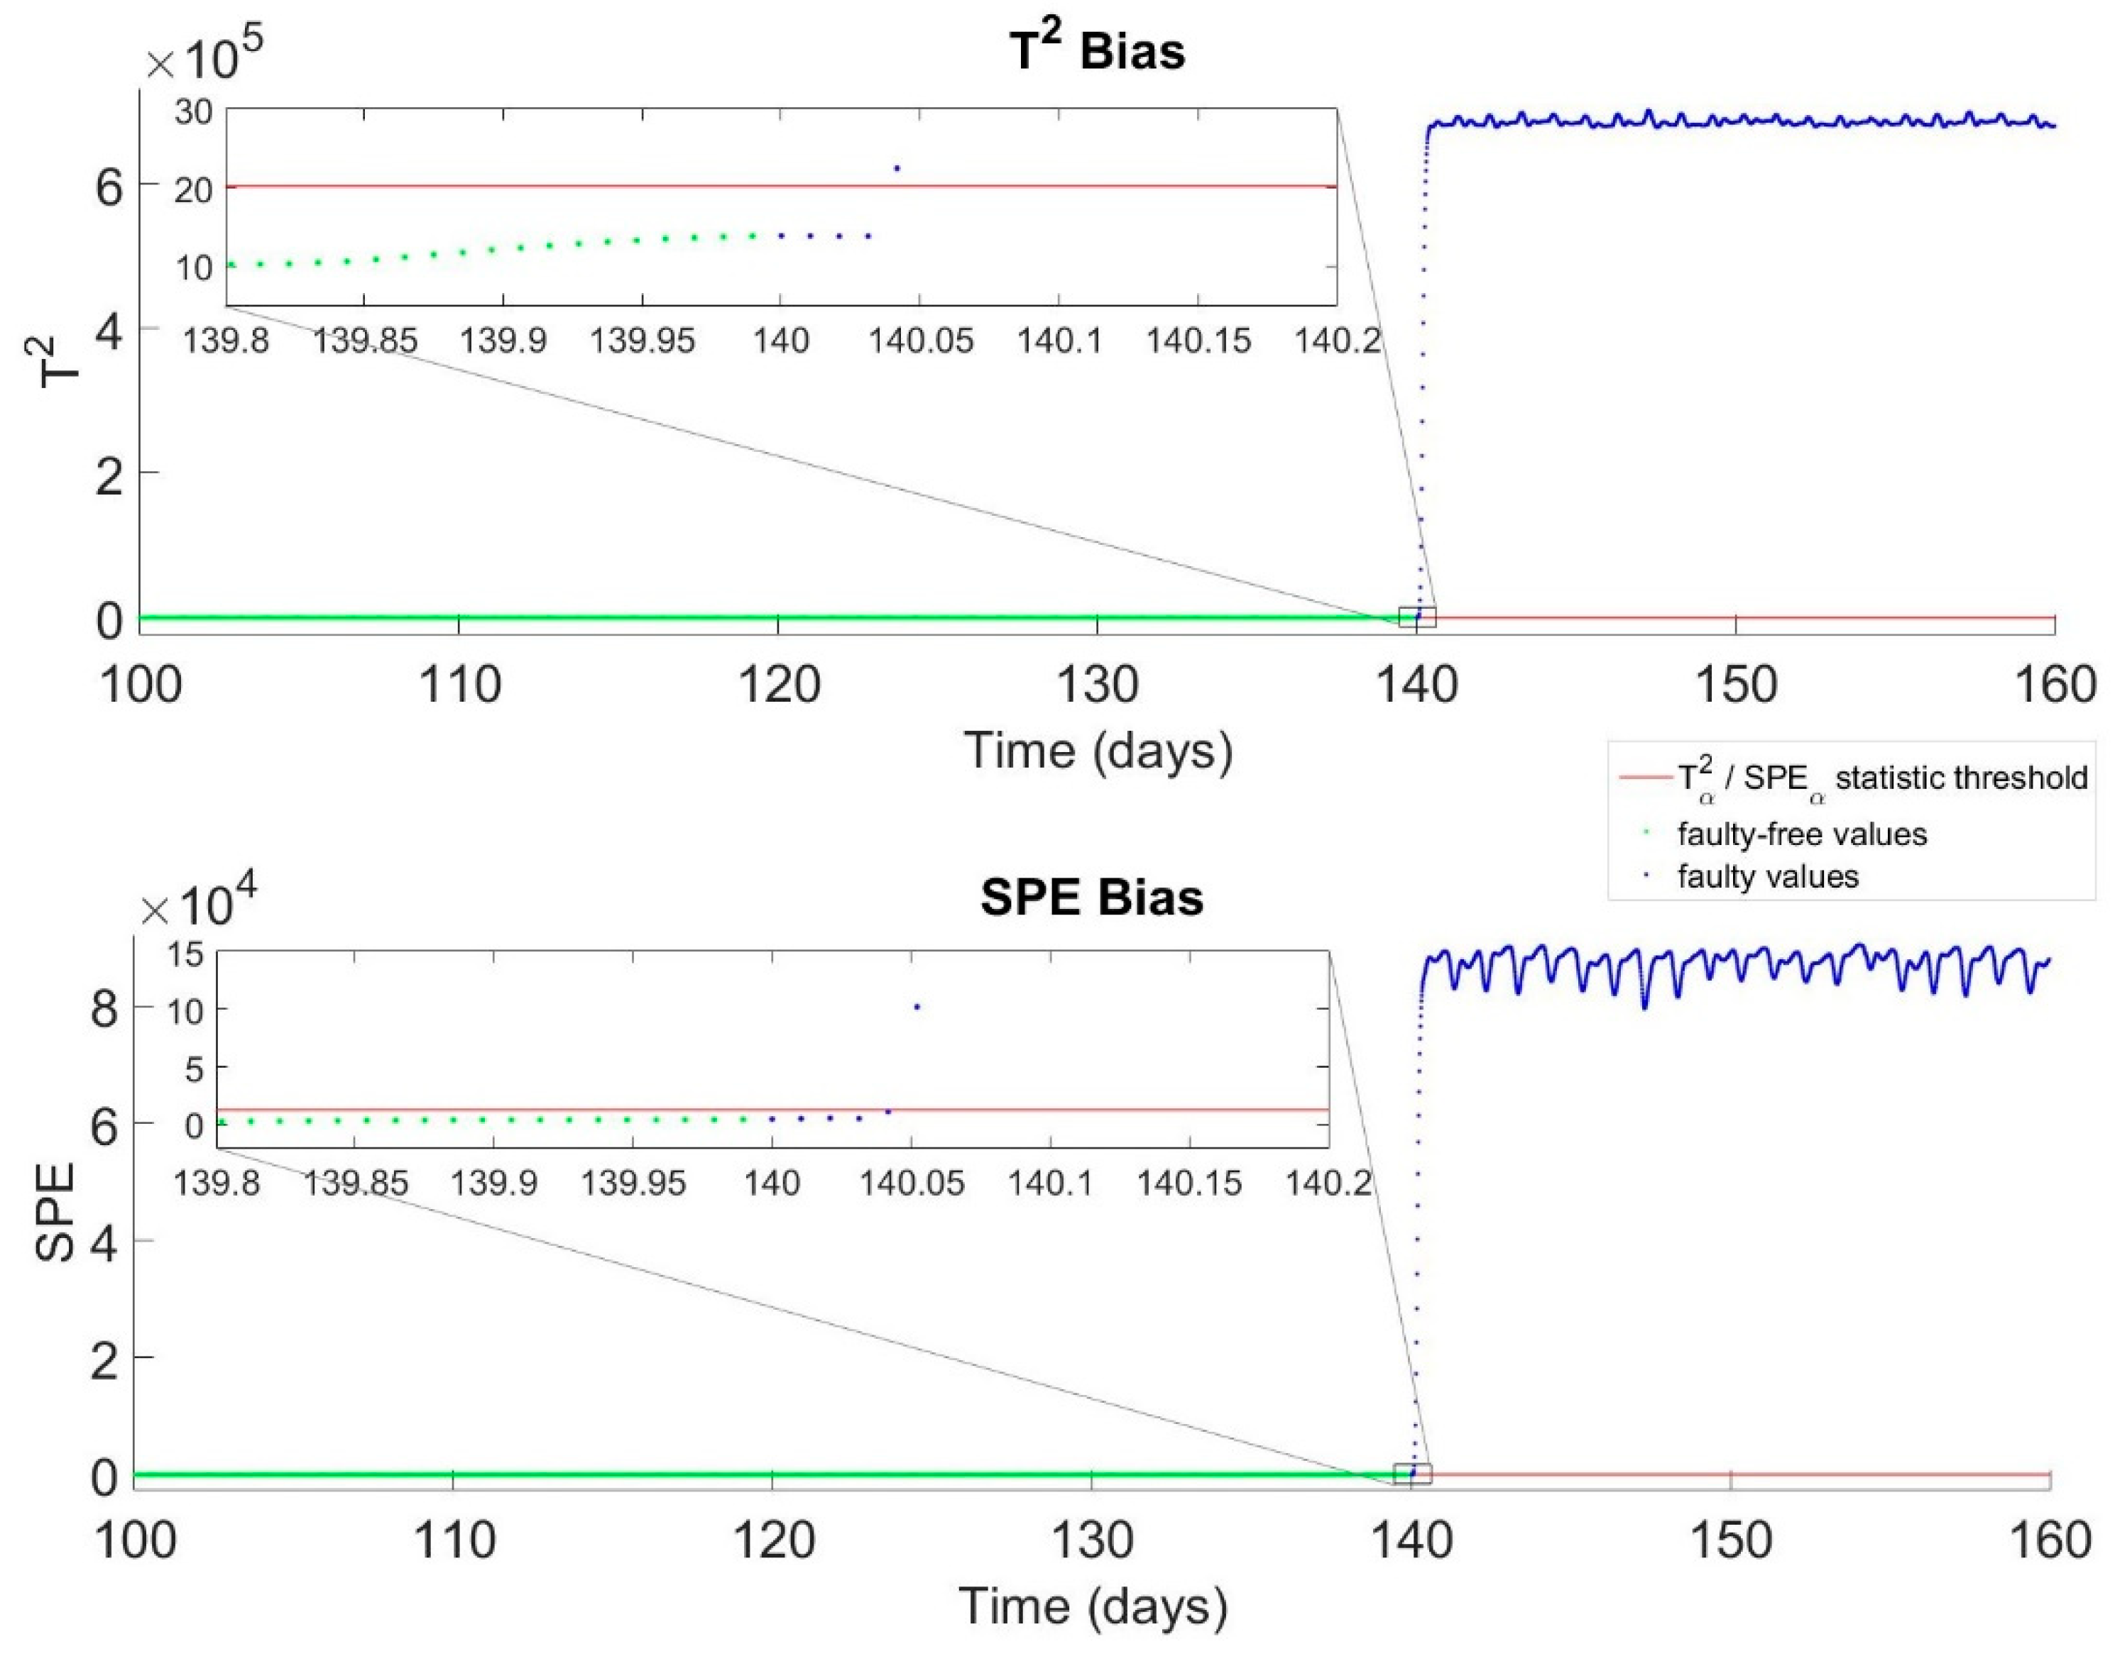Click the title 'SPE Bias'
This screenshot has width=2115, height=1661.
(1091, 897)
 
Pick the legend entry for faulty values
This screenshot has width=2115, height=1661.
(1768, 877)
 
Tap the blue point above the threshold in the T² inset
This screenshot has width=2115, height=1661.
(897, 168)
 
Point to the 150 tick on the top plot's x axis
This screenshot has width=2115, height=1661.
(1736, 685)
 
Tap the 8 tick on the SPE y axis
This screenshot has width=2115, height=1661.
(104, 1008)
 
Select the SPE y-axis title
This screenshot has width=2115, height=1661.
(55, 1212)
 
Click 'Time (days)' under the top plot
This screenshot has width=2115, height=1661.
(1098, 751)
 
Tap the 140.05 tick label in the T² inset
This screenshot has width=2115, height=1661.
(919, 341)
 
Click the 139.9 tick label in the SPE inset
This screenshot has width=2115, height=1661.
(494, 1183)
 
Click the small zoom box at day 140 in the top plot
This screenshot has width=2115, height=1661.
(1416, 616)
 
